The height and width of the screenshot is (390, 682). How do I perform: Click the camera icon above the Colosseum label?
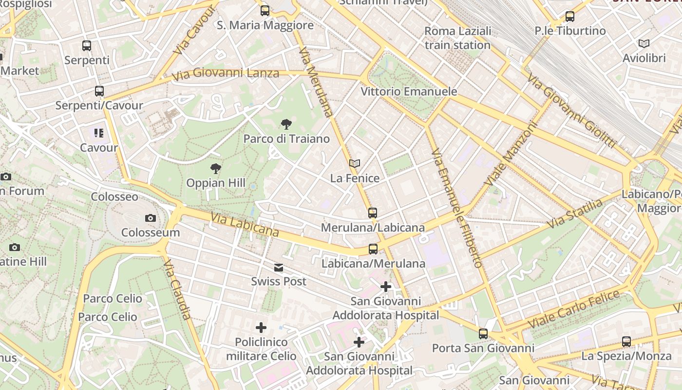[151, 218]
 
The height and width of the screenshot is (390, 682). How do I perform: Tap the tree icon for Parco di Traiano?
[286, 124]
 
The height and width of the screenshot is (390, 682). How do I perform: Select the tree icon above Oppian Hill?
[216, 169]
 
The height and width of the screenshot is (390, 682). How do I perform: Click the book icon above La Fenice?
[355, 164]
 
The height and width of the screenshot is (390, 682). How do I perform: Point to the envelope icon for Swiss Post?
[279, 267]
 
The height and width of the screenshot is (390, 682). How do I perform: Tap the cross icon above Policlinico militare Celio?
[261, 328]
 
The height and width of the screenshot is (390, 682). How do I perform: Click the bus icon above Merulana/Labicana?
[373, 213]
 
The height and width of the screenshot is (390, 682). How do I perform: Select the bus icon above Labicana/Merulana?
[373, 249]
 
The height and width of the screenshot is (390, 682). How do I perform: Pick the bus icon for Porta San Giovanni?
[483, 334]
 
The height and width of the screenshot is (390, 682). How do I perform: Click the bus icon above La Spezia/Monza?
[626, 342]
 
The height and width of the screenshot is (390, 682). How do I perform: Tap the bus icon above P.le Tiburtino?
[570, 17]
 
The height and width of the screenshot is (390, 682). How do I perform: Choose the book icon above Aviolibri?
[644, 44]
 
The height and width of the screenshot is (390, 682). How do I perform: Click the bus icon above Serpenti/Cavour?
[99, 91]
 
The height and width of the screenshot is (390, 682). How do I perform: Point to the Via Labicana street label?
[245, 225]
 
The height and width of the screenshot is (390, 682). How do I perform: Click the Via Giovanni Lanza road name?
[226, 74]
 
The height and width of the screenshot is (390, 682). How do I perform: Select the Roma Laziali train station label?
[457, 38]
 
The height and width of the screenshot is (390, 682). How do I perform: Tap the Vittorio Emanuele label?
[409, 92]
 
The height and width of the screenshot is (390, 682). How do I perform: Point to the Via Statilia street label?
[575, 214]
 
